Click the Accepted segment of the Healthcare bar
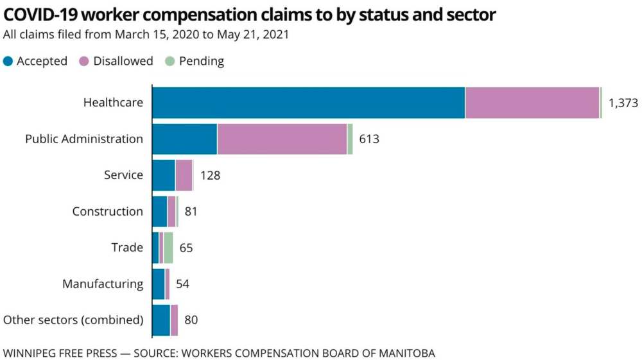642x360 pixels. (x=308, y=103)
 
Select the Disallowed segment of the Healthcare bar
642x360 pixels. (x=532, y=103)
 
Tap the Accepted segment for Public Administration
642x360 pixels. (x=184, y=139)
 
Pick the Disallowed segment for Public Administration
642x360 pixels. (x=282, y=139)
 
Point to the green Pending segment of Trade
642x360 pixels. (x=168, y=248)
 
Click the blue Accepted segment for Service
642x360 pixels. (x=163, y=175)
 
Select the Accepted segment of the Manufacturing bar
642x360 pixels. (x=158, y=284)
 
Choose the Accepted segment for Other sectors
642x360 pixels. (x=160, y=320)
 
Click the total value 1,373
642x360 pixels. (x=623, y=103)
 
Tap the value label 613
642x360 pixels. (x=369, y=139)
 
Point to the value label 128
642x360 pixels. (x=210, y=175)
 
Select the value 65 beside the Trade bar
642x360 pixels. (x=186, y=248)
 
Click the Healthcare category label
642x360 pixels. (x=113, y=103)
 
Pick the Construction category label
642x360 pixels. (x=107, y=211)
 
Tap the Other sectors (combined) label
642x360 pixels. (x=73, y=320)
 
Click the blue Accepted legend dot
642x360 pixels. (x=8, y=62)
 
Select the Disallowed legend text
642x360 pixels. (x=123, y=62)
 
